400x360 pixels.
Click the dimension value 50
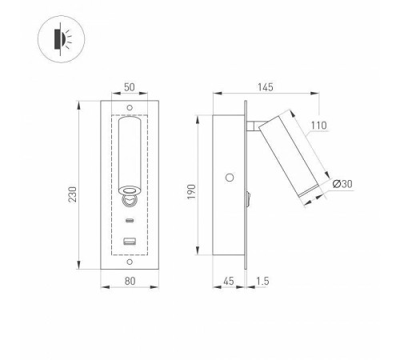[x=129, y=86]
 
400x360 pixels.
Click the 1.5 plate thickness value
[x=262, y=282]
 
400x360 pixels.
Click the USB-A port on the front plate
[x=129, y=242]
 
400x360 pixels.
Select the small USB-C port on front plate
[x=129, y=220]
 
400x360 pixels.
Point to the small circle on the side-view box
[x=230, y=177]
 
